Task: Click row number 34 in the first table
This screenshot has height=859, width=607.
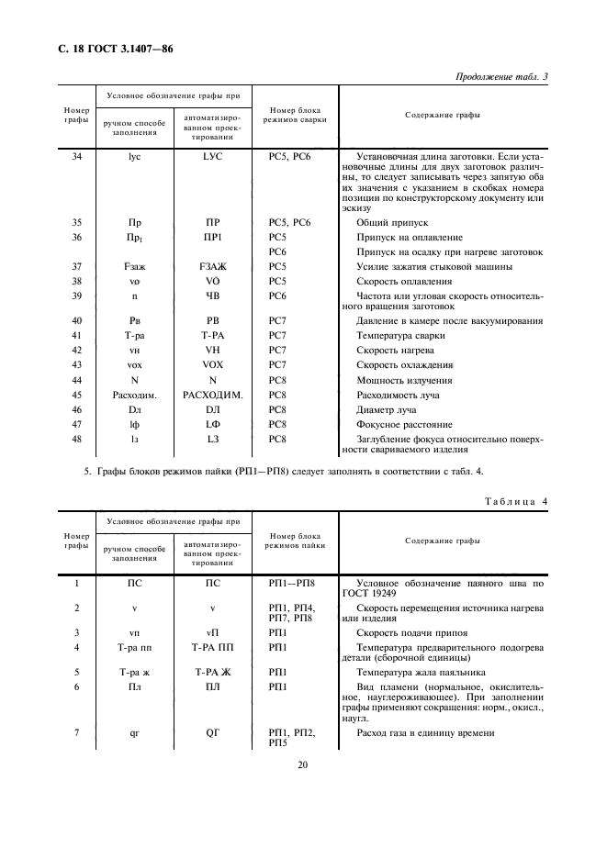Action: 77,157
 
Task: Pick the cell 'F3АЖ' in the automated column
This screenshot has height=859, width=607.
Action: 213,266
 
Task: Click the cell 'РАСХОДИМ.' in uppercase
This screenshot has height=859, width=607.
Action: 213,395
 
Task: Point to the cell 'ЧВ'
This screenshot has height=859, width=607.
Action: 213,296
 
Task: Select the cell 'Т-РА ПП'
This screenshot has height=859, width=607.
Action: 213,648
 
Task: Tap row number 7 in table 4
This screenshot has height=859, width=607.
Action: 77,732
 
